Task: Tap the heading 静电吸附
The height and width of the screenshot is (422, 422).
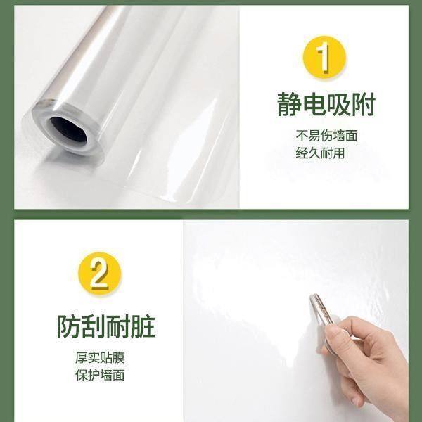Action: coord(326,104)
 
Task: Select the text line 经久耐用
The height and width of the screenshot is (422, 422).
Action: coord(320,153)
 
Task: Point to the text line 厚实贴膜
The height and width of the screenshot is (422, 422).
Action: coord(100,358)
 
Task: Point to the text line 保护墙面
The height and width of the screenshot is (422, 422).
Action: coord(100,376)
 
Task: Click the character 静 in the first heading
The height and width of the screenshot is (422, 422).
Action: coord(288,104)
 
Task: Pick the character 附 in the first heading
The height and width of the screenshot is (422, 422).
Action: coord(364,104)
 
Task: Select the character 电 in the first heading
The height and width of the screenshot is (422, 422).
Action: coord(313,104)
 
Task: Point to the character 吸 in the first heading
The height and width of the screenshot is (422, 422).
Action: coord(338,104)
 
